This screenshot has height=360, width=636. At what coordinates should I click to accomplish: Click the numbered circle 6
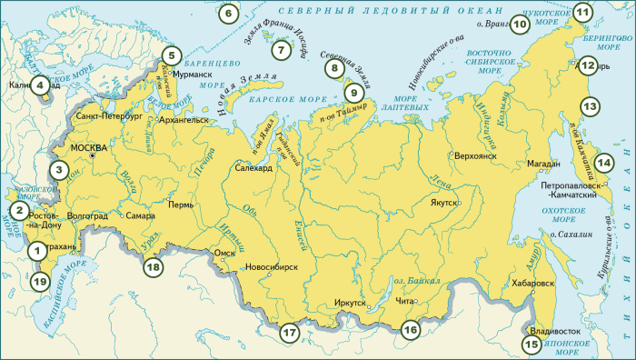coord(228,14)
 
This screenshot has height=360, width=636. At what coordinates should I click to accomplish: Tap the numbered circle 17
coord(289,333)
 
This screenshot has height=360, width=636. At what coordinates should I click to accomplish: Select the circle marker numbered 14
coord(603,163)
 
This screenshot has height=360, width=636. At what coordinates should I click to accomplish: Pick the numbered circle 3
coord(58,168)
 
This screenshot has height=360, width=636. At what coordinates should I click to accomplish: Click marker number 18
coord(153,266)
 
